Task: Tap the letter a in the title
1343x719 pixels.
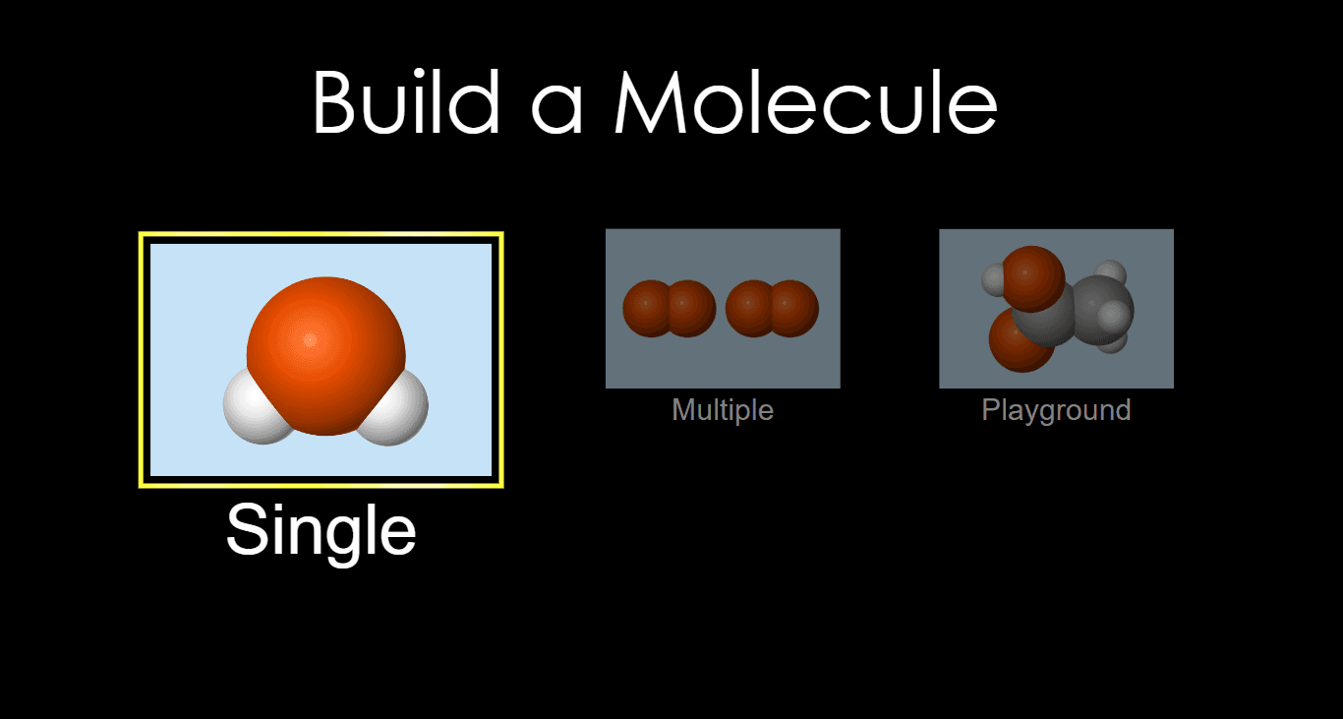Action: point(557,110)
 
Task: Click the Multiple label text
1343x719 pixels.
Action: point(723,411)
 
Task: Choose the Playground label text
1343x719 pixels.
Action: point(1056,411)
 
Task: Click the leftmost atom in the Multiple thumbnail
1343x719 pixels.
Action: point(646,308)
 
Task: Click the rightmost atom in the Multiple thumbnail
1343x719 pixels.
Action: point(794,308)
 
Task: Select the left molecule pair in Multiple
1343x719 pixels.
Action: point(670,308)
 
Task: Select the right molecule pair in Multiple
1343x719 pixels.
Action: point(772,308)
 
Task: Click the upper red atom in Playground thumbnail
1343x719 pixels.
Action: point(1032,278)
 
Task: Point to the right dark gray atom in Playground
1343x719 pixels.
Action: point(1102,310)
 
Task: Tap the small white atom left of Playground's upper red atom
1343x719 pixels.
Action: point(992,279)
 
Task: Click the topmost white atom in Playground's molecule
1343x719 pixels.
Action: point(1110,271)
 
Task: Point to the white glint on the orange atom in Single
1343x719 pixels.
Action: point(310,340)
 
